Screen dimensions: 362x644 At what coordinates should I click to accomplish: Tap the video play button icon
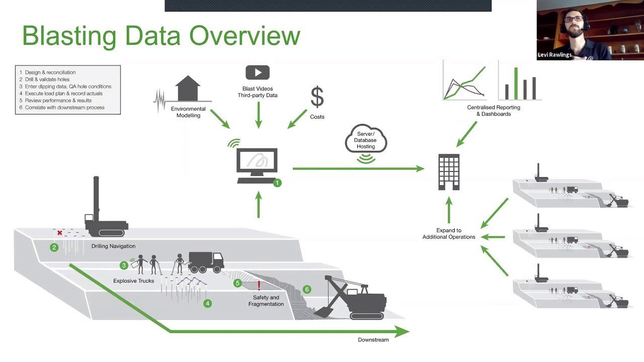pyautogui.click(x=258, y=72)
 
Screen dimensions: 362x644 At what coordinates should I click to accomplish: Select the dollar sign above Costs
pyautogui.click(x=317, y=97)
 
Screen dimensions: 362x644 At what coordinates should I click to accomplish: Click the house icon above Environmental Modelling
pyautogui.click(x=188, y=89)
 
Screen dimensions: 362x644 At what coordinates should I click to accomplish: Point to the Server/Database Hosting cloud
pyautogui.click(x=366, y=140)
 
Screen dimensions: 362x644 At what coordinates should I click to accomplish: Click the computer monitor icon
pyautogui.click(x=257, y=164)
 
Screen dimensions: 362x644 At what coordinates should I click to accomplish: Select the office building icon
pyautogui.click(x=449, y=172)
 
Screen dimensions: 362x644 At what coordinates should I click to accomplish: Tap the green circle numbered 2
pyautogui.click(x=54, y=247)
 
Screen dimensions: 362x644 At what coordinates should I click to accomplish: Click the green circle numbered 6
pyautogui.click(x=307, y=289)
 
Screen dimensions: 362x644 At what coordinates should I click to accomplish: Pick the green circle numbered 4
pyautogui.click(x=207, y=303)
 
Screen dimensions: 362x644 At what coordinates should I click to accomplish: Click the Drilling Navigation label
pyautogui.click(x=113, y=246)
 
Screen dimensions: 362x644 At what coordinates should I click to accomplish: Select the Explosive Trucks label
pyautogui.click(x=133, y=281)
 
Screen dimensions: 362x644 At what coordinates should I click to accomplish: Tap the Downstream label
pyautogui.click(x=373, y=340)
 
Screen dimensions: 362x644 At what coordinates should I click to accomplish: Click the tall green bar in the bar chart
pyautogui.click(x=516, y=83)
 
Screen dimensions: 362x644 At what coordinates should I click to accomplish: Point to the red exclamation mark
pyautogui.click(x=259, y=286)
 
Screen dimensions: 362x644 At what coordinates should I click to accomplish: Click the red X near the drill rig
pyautogui.click(x=60, y=233)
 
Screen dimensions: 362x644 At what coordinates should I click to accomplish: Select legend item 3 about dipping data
pyautogui.click(x=65, y=86)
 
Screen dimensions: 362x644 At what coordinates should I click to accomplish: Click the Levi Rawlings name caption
pyautogui.click(x=554, y=55)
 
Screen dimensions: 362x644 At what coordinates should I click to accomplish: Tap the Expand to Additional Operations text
pyautogui.click(x=448, y=234)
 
